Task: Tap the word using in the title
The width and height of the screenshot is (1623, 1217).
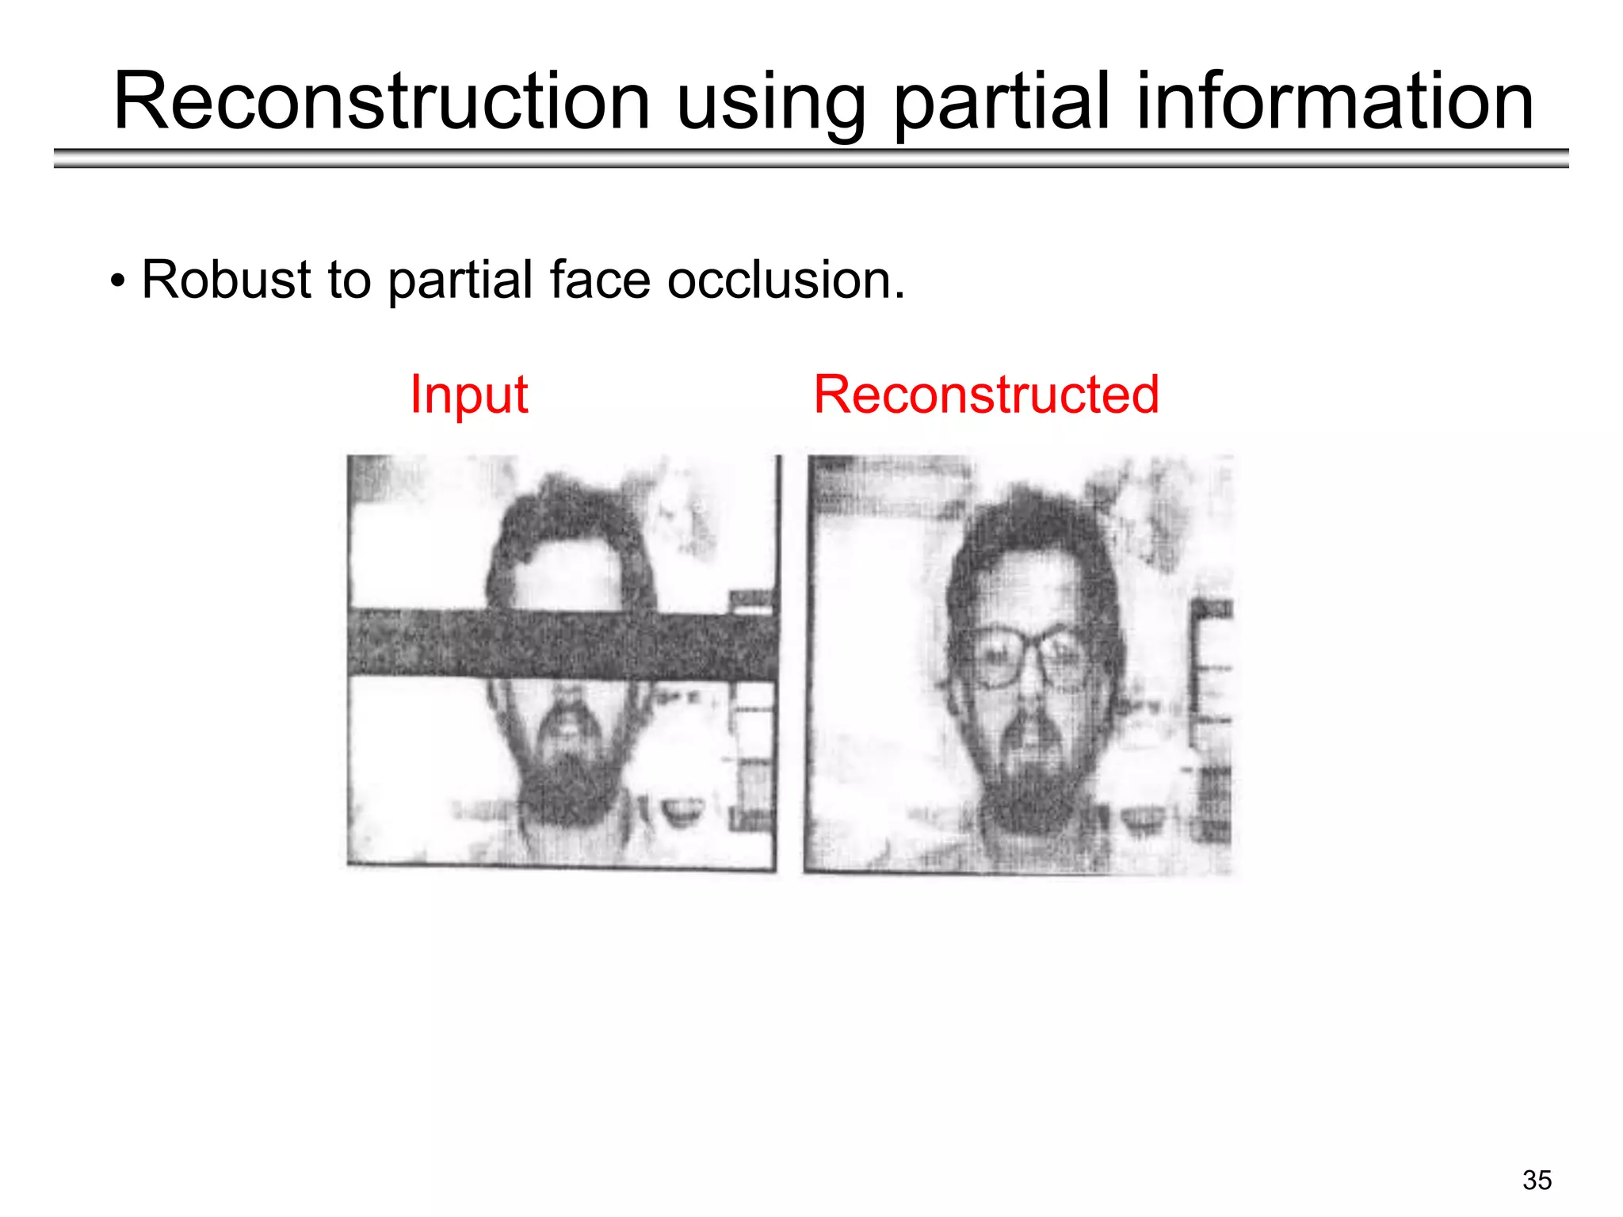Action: click(771, 103)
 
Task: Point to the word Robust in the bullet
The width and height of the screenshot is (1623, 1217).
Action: click(227, 280)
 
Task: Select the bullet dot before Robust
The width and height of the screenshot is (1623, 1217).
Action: click(117, 281)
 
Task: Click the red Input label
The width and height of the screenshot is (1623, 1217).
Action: click(468, 395)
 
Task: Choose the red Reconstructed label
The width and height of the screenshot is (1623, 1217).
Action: click(986, 395)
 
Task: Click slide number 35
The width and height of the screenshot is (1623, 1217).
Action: click(1537, 1180)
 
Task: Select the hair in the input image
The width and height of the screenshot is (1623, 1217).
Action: click(567, 515)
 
